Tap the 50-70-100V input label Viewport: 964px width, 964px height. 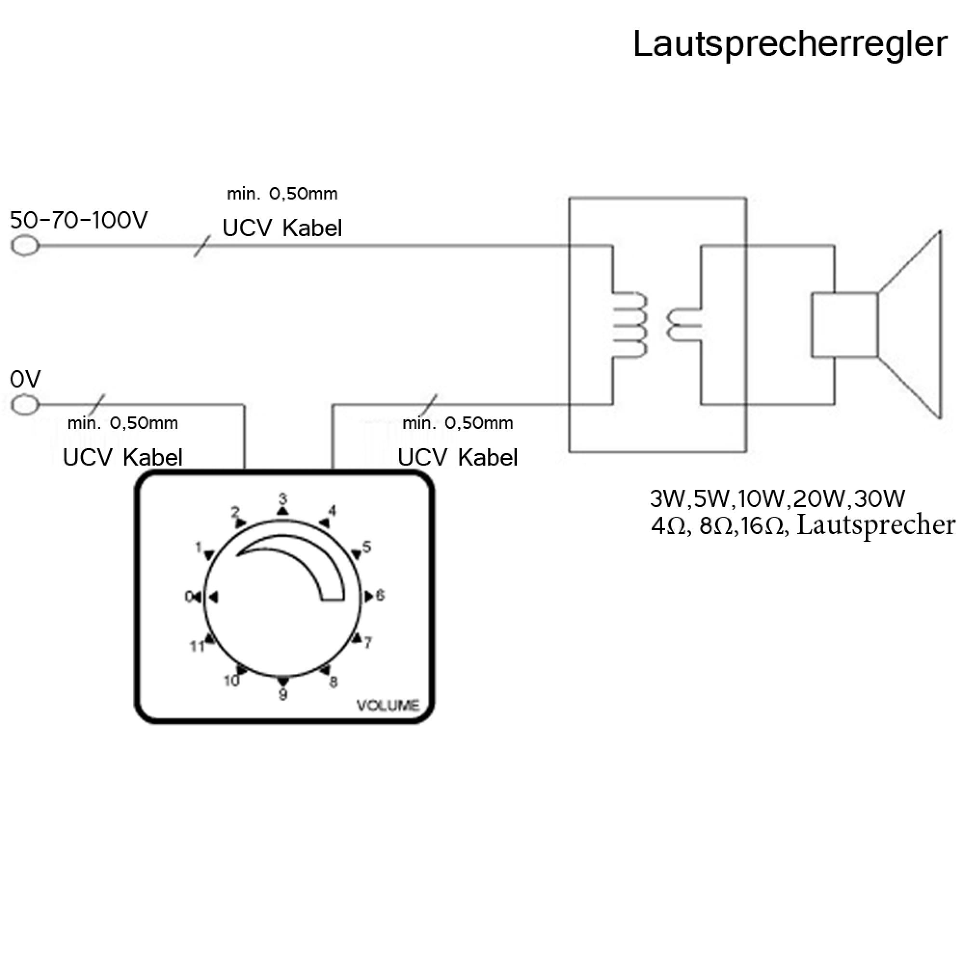click(x=79, y=220)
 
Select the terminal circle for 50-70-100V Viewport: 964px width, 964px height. click(x=25, y=246)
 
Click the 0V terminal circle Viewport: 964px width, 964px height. click(x=25, y=405)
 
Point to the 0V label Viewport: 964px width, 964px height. click(x=25, y=380)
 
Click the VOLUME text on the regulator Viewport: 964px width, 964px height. click(x=388, y=706)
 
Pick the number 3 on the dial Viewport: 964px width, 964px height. click(x=283, y=498)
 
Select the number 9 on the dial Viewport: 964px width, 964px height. click(x=283, y=694)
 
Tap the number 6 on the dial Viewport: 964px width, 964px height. click(x=380, y=595)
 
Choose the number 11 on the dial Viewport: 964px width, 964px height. click(x=197, y=647)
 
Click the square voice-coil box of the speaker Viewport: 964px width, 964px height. click(x=844, y=325)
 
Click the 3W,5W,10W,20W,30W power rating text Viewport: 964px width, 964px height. click(x=777, y=498)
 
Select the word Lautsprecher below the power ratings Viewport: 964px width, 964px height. click(x=876, y=525)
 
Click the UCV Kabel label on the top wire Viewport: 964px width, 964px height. click(x=282, y=228)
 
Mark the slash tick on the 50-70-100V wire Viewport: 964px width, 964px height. click(x=201, y=246)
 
